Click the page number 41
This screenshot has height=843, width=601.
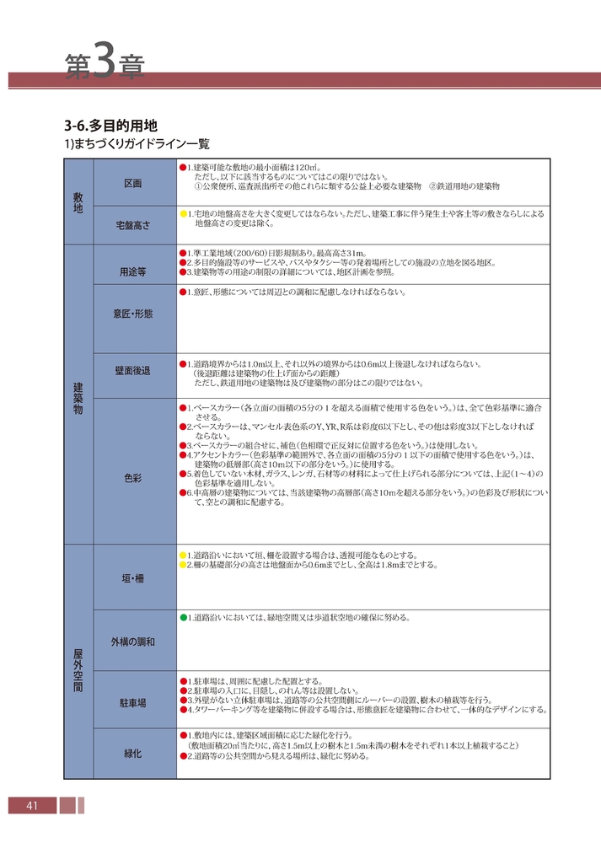(32, 807)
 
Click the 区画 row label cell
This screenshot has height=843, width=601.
(132, 183)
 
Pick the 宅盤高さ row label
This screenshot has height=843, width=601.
(132, 225)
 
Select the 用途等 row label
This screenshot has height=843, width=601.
(132, 271)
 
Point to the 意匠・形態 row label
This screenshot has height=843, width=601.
(132, 314)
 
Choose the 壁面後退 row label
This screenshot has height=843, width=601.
(132, 371)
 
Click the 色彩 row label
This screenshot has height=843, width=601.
(132, 477)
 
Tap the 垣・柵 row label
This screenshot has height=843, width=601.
(132, 577)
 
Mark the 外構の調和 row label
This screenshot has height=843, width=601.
(132, 642)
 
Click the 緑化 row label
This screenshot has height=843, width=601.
(132, 752)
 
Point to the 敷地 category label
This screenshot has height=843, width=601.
(78, 201)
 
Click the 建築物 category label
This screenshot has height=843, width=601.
(78, 394)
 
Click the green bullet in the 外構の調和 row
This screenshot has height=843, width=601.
(182, 618)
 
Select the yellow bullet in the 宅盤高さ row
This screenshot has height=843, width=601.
(182, 214)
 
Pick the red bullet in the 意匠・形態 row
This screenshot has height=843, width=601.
(182, 293)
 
